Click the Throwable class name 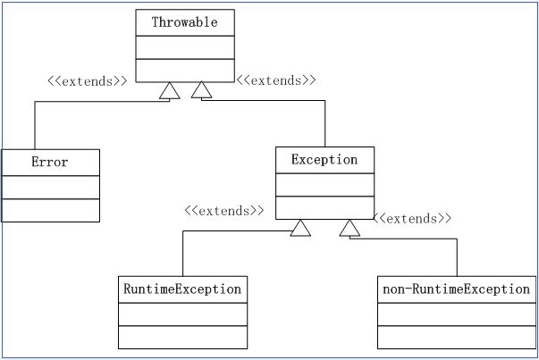[x=185, y=22]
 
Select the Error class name [x=50, y=162]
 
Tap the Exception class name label [x=324, y=160]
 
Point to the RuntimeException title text [x=182, y=289]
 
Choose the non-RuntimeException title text [x=457, y=289]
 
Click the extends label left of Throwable [x=88, y=81]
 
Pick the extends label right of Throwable [x=276, y=80]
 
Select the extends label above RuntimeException [x=224, y=211]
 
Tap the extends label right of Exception [x=412, y=219]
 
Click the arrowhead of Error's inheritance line [x=170, y=91]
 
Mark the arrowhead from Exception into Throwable [x=201, y=89]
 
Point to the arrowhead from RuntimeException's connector [x=300, y=228]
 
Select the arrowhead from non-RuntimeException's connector [x=350, y=228]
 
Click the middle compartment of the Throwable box [x=185, y=47]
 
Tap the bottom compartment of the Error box [x=51, y=210]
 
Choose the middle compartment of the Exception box [x=324, y=185]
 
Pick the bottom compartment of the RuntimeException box [x=183, y=337]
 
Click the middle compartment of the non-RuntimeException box [x=457, y=314]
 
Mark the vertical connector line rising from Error [x=35, y=125]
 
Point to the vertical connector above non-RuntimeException [x=457, y=257]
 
